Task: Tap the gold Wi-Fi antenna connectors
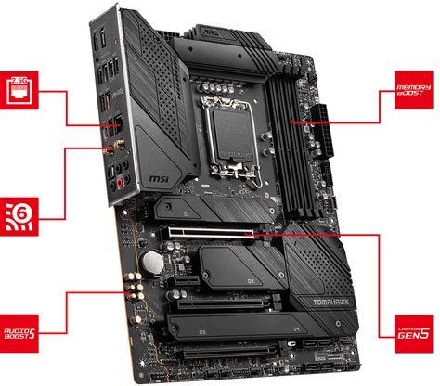pos(119,147)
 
